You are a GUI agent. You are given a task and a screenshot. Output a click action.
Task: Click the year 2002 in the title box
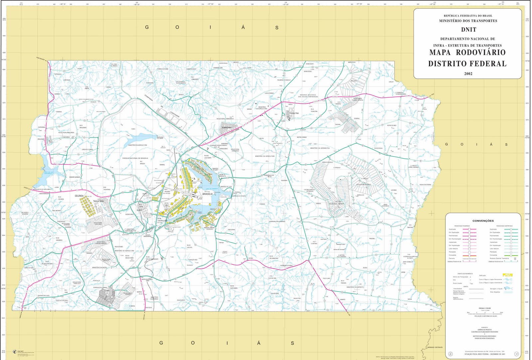pyautogui.click(x=468, y=74)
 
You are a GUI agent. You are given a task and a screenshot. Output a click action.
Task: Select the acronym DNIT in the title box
pyautogui.click(x=468, y=30)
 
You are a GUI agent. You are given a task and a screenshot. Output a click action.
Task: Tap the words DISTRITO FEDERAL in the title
pyautogui.click(x=467, y=63)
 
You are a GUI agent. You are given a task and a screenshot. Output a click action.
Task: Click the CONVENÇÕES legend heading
pyautogui.click(x=483, y=221)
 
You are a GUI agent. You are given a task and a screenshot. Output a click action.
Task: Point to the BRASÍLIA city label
pyautogui.click(x=207, y=194)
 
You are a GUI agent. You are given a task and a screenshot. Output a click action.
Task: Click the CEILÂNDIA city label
pyautogui.click(x=79, y=196)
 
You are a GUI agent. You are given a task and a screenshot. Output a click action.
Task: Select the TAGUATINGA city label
pyautogui.click(x=98, y=201)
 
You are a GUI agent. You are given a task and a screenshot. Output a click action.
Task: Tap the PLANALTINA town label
pyautogui.click(x=294, y=113)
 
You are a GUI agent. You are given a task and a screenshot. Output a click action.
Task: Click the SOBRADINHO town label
pyautogui.click(x=227, y=127)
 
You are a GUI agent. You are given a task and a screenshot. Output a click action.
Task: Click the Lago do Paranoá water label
pyautogui.click(x=211, y=189)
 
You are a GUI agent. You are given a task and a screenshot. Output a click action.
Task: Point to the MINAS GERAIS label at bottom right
pyautogui.click(x=435, y=347)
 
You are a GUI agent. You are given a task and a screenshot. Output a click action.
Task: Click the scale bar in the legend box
pyautogui.click(x=485, y=313)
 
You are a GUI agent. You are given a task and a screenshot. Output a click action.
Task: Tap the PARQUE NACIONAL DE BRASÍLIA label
pyautogui.click(x=135, y=158)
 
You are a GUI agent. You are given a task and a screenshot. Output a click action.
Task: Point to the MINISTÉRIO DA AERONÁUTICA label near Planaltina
pyautogui.click(x=320, y=148)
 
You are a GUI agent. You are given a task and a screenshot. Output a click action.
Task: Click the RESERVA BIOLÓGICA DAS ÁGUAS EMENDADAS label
pyautogui.click(x=308, y=96)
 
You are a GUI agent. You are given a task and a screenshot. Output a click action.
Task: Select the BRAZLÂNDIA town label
pyautogui.click(x=41, y=139)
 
